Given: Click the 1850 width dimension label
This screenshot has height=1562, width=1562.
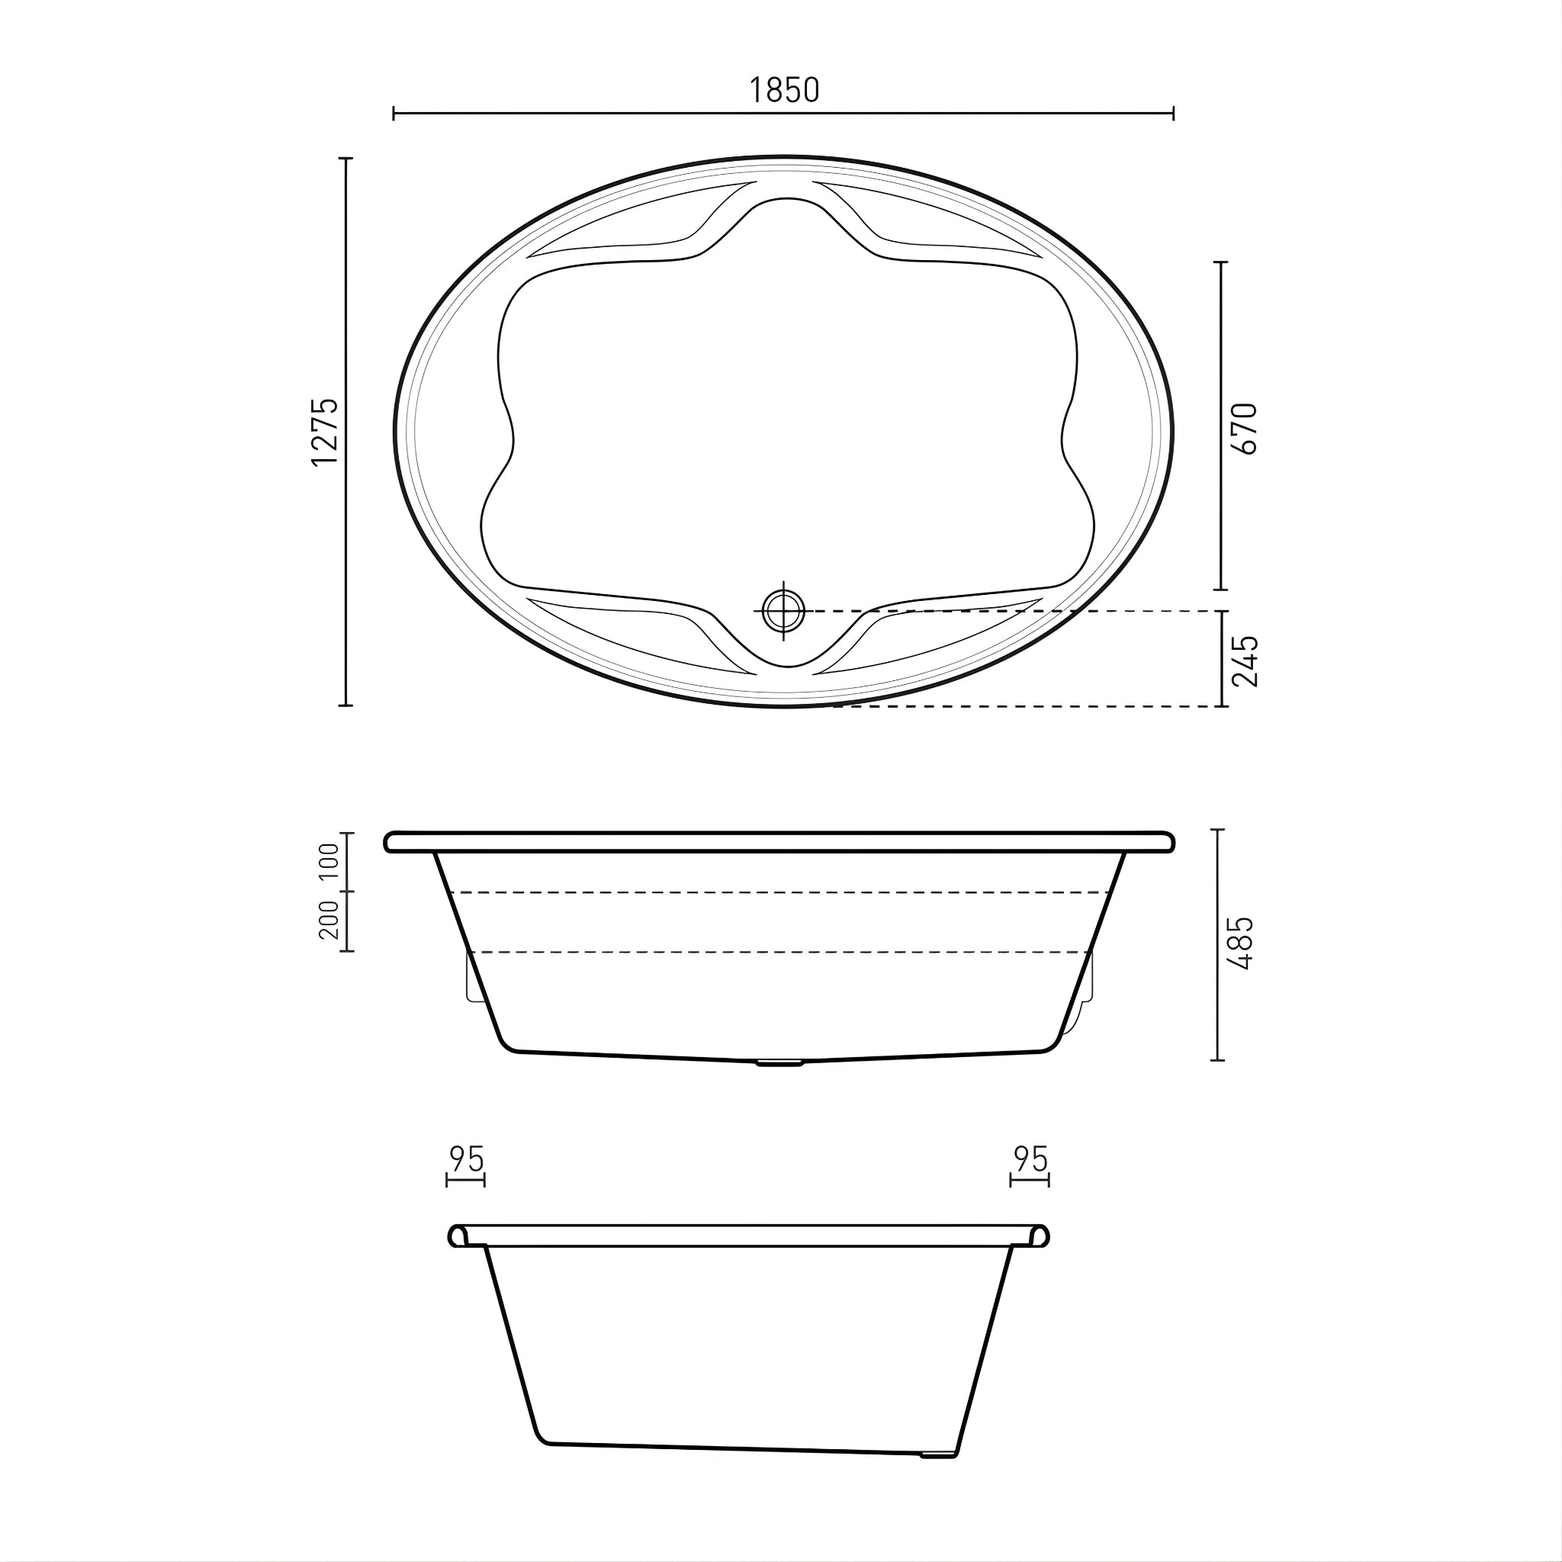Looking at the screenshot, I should (x=783, y=91).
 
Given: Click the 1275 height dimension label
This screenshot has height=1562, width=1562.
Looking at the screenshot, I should (x=325, y=431).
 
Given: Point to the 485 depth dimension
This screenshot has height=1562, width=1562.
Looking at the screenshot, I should (x=1239, y=943).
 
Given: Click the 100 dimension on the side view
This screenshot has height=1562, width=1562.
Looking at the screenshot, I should (x=329, y=862).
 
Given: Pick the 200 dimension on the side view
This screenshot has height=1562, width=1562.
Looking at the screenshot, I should (x=329, y=920).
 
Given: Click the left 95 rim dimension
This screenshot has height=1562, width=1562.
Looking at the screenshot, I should (x=467, y=1159).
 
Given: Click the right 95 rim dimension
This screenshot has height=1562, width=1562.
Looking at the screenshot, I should (x=1030, y=1159).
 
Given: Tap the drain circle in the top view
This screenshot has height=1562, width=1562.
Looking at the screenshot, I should (x=783, y=611).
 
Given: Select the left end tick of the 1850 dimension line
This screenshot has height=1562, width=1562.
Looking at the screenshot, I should (x=394, y=113).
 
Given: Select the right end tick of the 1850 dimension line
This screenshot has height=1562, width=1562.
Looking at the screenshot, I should (x=1173, y=113).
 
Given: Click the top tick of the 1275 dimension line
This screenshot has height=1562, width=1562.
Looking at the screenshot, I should (x=346, y=159).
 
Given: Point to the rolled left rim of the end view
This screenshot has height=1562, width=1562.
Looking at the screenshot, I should (x=458, y=1236).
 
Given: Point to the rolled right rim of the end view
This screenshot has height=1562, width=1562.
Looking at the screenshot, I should (x=1040, y=1236).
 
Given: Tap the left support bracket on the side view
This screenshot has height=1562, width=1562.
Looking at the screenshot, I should (x=474, y=979).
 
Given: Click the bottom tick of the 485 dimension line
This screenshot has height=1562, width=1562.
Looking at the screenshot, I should (x=1218, y=1060).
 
